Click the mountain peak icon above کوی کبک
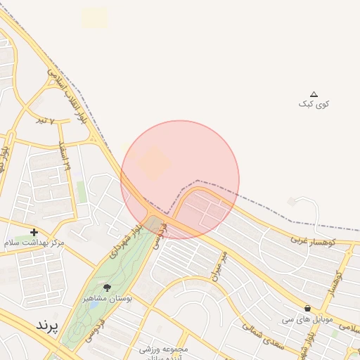(x=314, y=94)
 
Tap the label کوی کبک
(x=314, y=104)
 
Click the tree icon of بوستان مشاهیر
(x=107, y=288)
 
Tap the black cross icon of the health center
(x=34, y=232)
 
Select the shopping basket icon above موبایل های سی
(x=308, y=308)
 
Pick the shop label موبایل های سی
(x=307, y=319)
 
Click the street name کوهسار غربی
(x=314, y=240)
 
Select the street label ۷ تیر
(x=45, y=120)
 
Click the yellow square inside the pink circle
(x=153, y=164)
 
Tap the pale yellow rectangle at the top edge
(x=95, y=18)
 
